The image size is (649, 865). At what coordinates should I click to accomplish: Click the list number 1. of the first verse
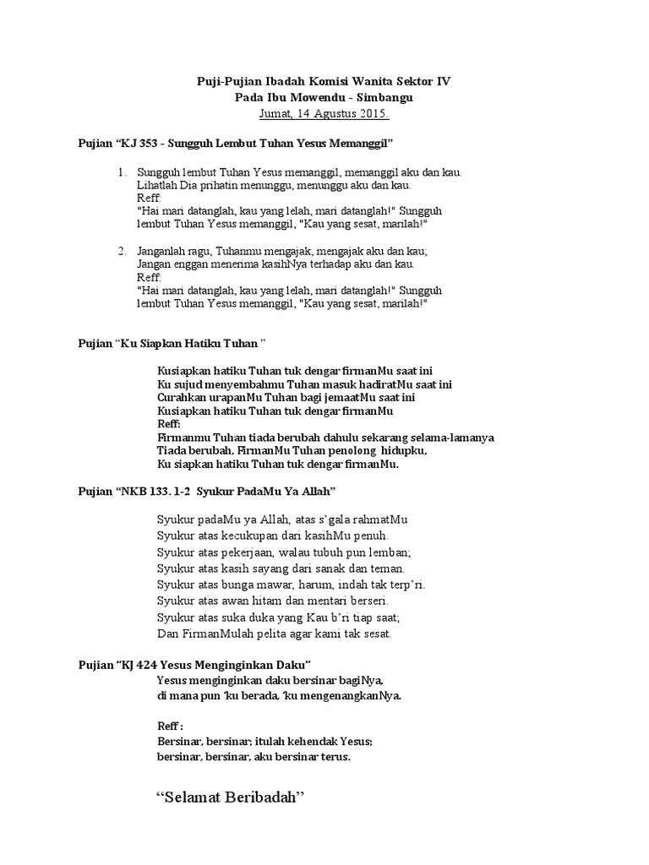(x=123, y=172)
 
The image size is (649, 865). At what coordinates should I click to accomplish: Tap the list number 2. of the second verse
(x=123, y=251)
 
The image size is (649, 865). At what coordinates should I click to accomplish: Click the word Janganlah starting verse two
(x=162, y=251)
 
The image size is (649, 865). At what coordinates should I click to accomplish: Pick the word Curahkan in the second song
(x=181, y=397)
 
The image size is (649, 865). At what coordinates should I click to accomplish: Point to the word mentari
(x=322, y=600)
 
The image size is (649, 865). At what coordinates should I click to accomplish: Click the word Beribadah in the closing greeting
(x=261, y=799)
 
